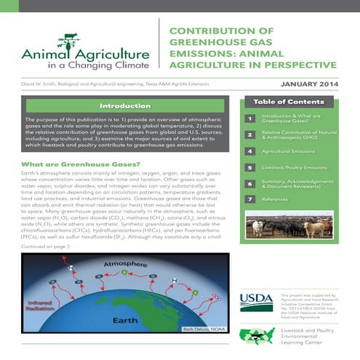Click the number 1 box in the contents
coord(249,118)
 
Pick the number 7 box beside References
coord(249,198)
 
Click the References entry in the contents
coord(276,198)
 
